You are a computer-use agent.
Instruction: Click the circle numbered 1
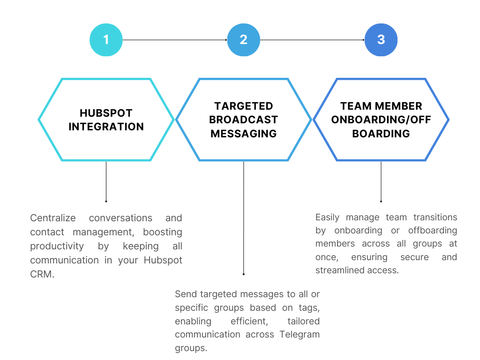click(106, 40)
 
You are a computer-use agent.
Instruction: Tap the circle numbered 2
click(243, 40)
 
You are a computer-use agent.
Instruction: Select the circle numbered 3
click(381, 40)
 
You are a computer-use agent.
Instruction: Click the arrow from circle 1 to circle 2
click(174, 40)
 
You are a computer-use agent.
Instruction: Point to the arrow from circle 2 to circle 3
click(312, 40)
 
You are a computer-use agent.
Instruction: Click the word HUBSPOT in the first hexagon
click(106, 113)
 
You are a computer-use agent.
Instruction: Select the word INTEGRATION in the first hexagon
click(106, 127)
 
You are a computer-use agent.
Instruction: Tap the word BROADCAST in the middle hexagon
click(243, 120)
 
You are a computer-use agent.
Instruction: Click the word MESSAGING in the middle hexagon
click(243, 134)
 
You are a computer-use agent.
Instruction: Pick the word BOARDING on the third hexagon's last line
click(381, 134)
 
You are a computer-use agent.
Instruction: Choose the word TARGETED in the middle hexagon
click(243, 106)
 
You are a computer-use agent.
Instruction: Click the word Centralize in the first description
click(52, 218)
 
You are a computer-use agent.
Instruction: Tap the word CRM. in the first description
click(42, 274)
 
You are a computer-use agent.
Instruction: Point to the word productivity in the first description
click(57, 247)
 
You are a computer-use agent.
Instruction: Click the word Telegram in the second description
click(300, 335)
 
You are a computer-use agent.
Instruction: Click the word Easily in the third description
click(327, 217)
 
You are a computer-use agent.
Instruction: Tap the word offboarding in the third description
click(433, 231)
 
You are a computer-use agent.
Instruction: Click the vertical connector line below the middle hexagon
click(243, 217)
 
